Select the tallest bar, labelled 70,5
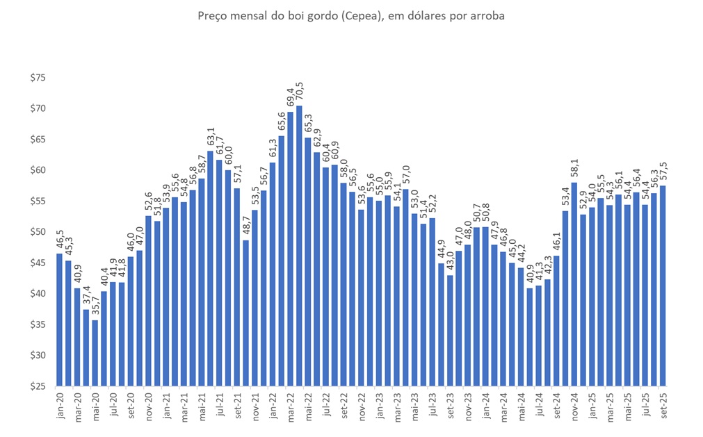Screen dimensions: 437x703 click(299, 243)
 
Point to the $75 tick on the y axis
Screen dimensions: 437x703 click(38, 78)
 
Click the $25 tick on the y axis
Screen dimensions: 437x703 click(38, 386)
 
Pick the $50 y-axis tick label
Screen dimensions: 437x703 click(38, 231)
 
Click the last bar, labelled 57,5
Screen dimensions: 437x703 click(664, 285)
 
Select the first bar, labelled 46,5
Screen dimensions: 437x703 click(59, 320)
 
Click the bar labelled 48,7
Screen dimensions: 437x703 click(245, 313)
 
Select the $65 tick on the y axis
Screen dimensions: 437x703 click(38, 139)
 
